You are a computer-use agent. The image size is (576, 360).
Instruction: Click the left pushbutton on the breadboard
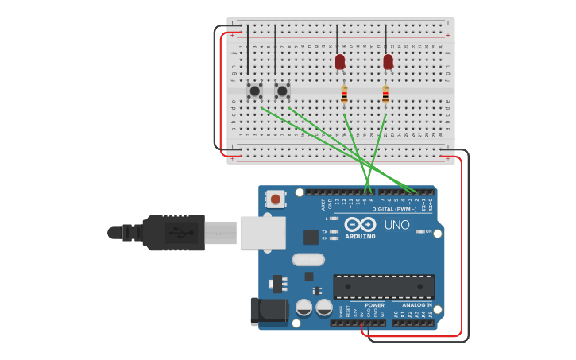[254, 91]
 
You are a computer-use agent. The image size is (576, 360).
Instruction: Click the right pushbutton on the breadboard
[282, 91]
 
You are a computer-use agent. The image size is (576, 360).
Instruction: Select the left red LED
[340, 61]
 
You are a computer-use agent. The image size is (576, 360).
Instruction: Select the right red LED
[388, 61]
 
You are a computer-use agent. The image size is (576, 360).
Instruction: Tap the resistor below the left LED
[344, 95]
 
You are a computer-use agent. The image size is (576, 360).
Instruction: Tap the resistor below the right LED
[385, 95]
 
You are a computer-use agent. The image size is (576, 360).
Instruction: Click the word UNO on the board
[397, 225]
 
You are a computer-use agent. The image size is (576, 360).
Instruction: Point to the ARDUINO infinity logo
[354, 225]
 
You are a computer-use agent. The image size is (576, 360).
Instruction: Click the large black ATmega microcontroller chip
[384, 287]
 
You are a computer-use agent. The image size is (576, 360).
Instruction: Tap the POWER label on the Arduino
[374, 305]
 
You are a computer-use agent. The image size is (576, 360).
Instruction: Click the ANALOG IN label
[417, 305]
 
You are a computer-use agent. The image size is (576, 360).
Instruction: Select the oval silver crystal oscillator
[308, 259]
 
